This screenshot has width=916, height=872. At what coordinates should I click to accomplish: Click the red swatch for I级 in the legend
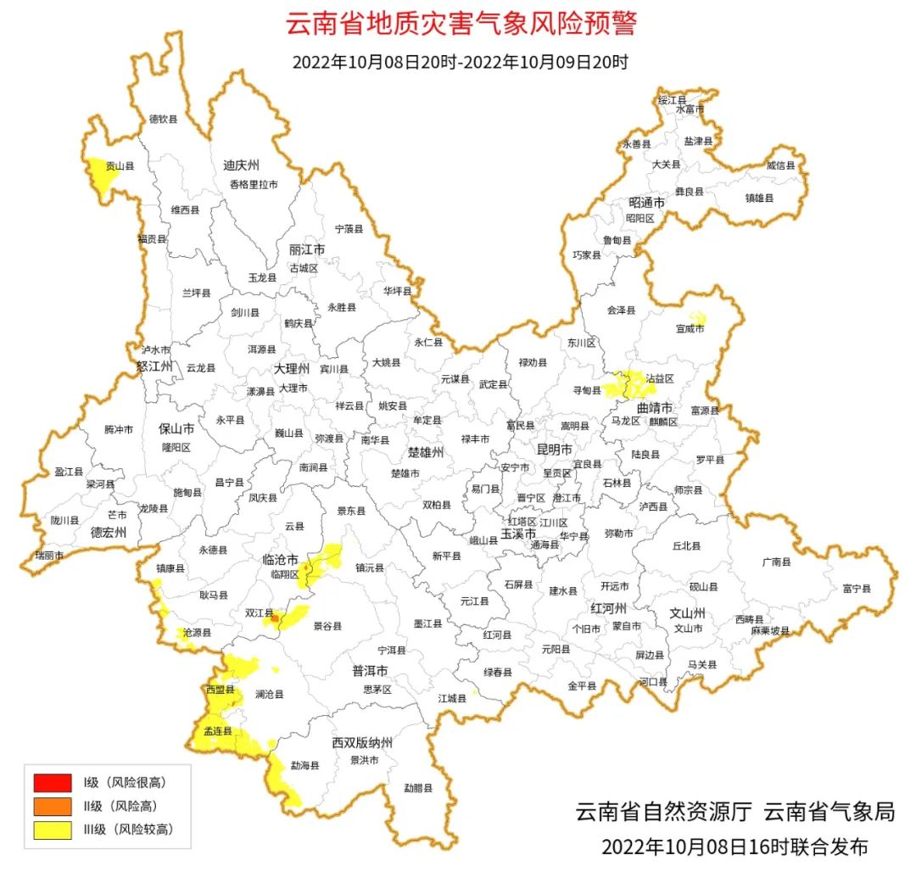[52, 782]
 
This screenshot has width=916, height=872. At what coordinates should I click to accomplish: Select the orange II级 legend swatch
[52, 806]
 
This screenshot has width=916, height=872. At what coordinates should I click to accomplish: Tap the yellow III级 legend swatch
[52, 830]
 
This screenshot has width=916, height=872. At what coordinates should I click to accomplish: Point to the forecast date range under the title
[459, 62]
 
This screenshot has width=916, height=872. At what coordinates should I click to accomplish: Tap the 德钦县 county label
[164, 120]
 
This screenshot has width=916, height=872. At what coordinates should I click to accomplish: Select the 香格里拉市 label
[253, 184]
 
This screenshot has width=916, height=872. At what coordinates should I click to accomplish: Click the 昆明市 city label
[556, 448]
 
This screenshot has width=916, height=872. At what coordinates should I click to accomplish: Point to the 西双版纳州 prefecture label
[363, 743]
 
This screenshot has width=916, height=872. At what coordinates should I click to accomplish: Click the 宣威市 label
[690, 328]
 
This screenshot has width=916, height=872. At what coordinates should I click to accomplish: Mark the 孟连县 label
[217, 731]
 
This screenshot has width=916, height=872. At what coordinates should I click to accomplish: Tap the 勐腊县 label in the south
[417, 788]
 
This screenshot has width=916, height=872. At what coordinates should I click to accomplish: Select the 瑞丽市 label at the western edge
[49, 555]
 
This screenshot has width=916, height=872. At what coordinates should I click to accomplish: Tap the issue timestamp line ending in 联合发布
[734, 847]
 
